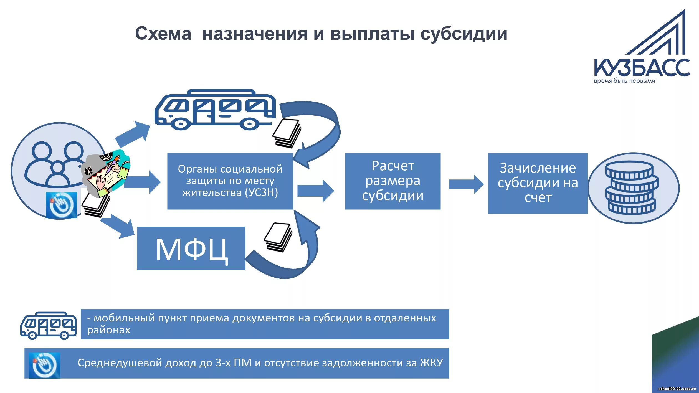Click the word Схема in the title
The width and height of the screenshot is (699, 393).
pyautogui.click(x=163, y=34)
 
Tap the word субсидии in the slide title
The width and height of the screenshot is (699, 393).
pyautogui.click(x=464, y=34)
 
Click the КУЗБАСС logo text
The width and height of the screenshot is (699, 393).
pyautogui.click(x=642, y=67)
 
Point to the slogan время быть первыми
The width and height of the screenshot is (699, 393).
pyautogui.click(x=624, y=81)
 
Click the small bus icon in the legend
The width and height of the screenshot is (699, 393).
pyautogui.click(x=48, y=326)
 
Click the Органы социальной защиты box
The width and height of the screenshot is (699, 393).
pyautogui.click(x=230, y=181)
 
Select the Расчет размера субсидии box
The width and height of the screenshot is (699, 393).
pyautogui.click(x=392, y=181)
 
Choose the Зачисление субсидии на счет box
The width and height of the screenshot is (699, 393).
pyautogui.click(x=538, y=183)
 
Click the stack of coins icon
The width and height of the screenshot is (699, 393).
pyautogui.click(x=632, y=188)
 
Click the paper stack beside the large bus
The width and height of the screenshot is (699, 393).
pyautogui.click(x=287, y=133)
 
